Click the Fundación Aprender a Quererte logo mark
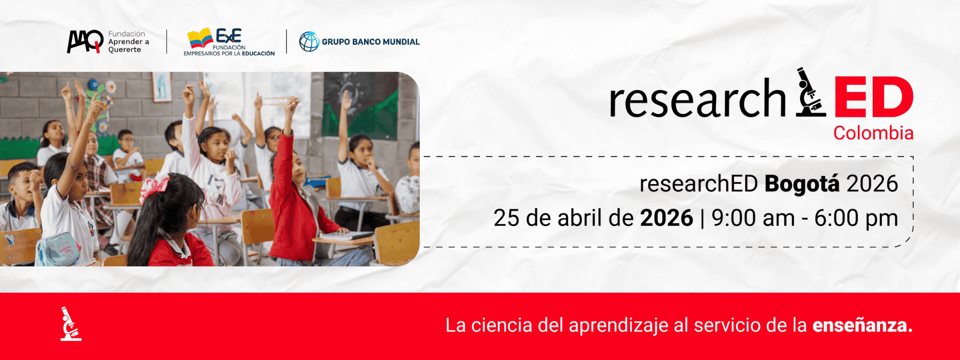click(85, 41)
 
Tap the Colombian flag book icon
click(200, 38)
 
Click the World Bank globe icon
click(309, 41)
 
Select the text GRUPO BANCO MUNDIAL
click(370, 42)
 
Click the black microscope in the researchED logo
click(810, 92)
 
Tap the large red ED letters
click(873, 97)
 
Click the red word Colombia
click(873, 133)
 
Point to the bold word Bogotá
click(802, 184)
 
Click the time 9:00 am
click(753, 218)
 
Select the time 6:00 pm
click(856, 218)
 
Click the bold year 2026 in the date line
click(666, 218)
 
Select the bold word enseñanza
click(862, 325)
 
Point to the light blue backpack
click(58, 249)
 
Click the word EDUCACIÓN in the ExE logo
click(258, 53)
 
